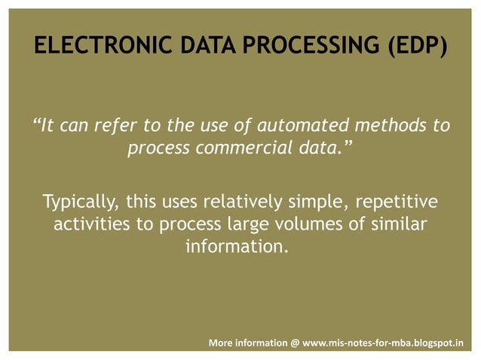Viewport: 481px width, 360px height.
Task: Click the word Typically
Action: (81, 203)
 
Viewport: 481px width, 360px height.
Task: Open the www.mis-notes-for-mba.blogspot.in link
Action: (383, 343)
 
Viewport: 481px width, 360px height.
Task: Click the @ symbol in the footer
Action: (294, 343)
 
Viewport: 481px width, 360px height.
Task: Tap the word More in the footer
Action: (221, 343)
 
